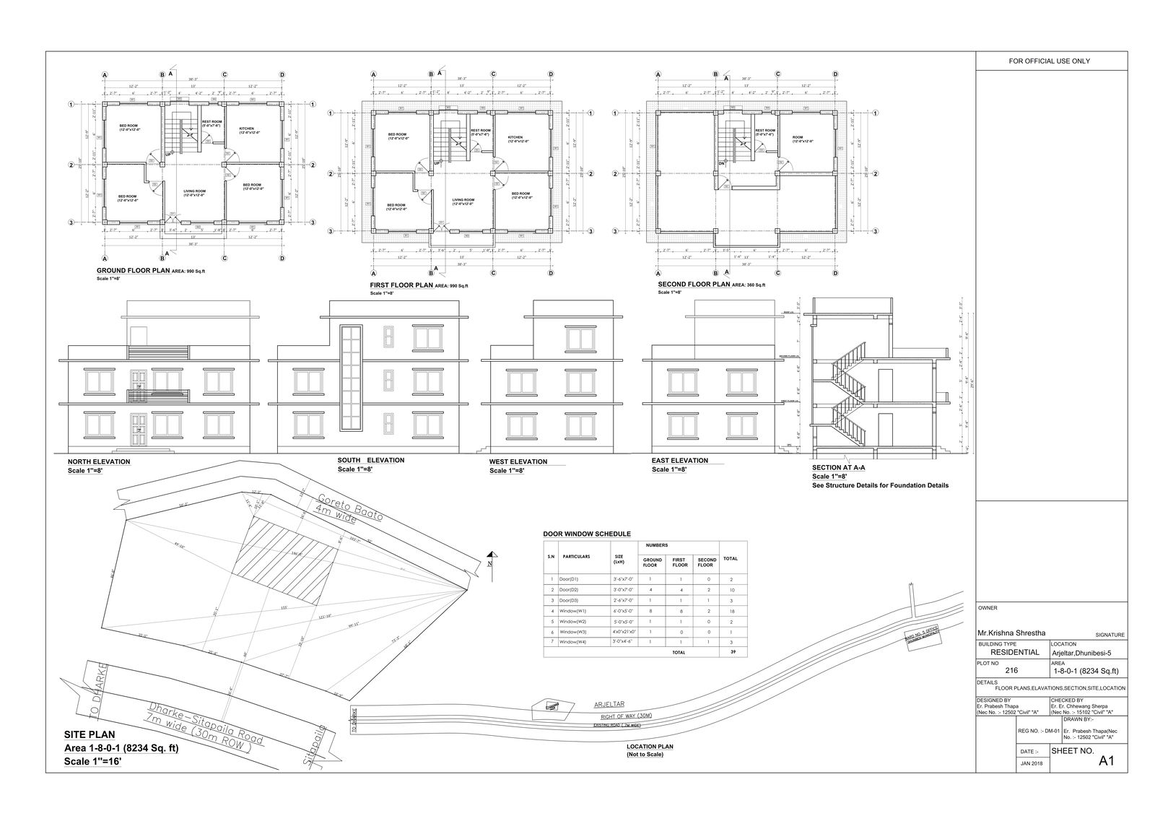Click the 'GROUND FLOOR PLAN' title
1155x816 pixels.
[x=133, y=271]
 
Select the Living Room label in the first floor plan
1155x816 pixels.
[x=463, y=201]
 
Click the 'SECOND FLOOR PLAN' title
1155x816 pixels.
[x=694, y=285]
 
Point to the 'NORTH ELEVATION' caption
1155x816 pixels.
[x=99, y=461]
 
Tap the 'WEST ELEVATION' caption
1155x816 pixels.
[x=518, y=461]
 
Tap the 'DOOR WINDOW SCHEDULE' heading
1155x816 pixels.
[x=587, y=534]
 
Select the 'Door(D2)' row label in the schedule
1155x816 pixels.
[x=570, y=590]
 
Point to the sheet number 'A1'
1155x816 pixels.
[x=1107, y=761]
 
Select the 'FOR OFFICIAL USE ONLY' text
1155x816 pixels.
[x=1049, y=61]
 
